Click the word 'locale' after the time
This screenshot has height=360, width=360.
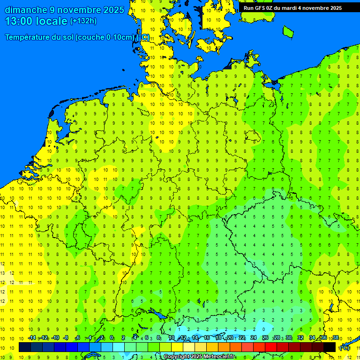[52, 21]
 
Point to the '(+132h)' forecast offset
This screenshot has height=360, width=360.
[83, 21]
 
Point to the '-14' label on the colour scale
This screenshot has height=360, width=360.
[32, 338]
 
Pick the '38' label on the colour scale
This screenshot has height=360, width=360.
[335, 338]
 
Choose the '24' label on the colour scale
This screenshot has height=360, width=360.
[254, 338]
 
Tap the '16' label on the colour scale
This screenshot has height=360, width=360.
[207, 338]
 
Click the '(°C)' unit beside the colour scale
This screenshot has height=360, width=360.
[345, 348]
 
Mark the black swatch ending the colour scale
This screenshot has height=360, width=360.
[330, 347]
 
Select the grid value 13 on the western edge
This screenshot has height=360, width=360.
[3, 273]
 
